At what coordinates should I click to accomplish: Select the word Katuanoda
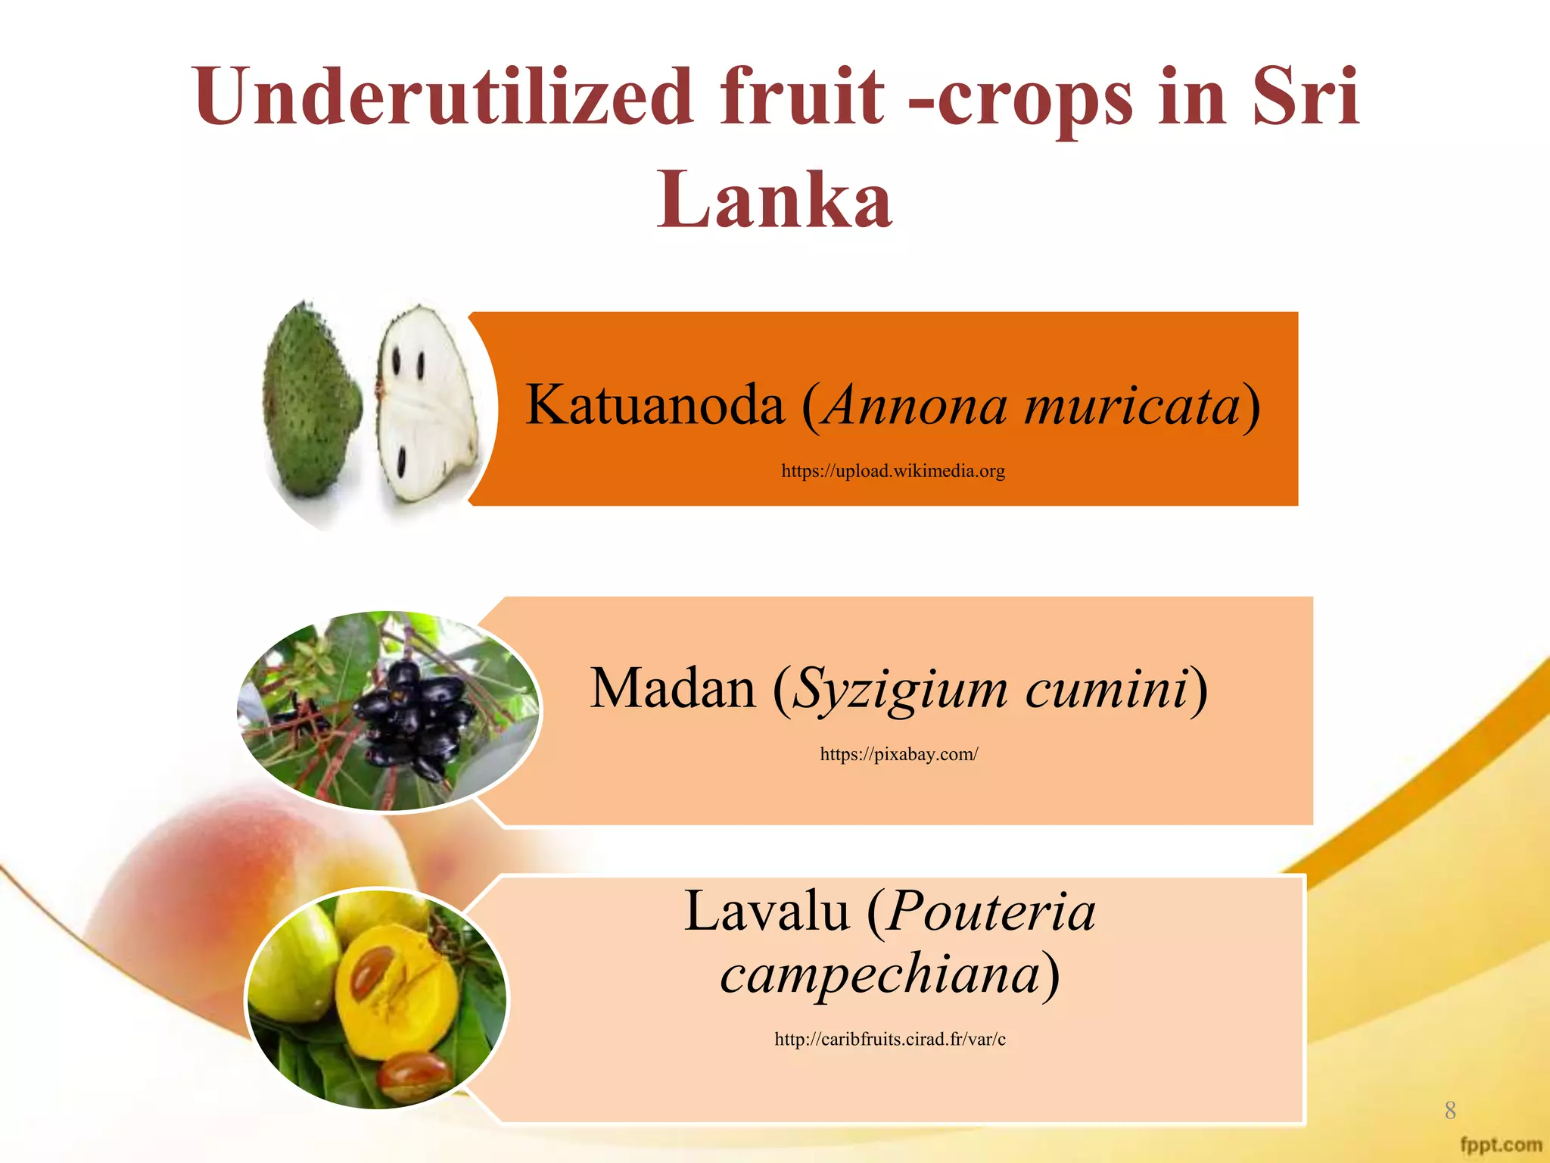click(x=655, y=405)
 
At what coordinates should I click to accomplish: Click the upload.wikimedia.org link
click(x=893, y=471)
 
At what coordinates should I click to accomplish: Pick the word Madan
click(x=672, y=689)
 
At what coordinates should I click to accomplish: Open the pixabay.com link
click(x=898, y=754)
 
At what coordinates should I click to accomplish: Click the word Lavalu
click(x=766, y=911)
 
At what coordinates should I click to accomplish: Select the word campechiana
click(x=880, y=974)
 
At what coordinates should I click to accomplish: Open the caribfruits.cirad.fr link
click(x=890, y=1040)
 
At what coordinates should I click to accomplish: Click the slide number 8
click(x=1449, y=1110)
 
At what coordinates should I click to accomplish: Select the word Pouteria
click(x=991, y=911)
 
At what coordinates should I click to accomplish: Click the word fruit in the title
click(x=802, y=97)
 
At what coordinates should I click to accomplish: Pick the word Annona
click(x=916, y=405)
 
